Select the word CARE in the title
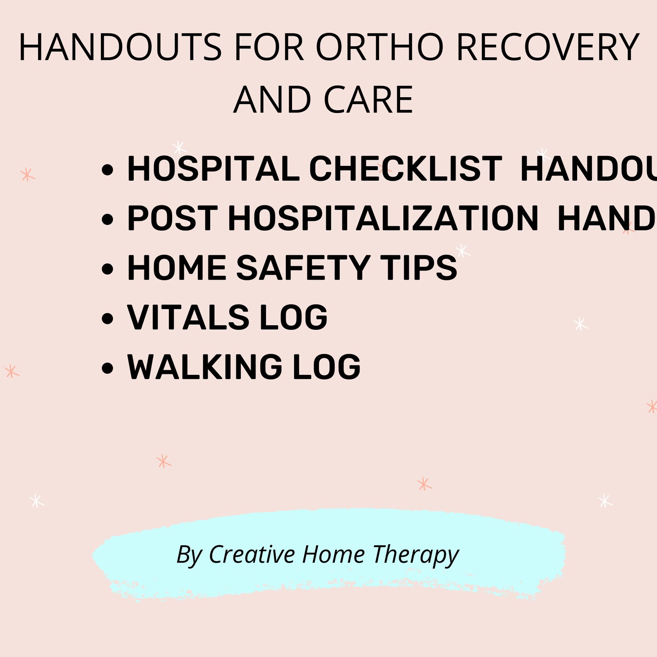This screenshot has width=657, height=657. pos(368,100)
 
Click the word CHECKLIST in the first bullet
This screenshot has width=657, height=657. pos(405,169)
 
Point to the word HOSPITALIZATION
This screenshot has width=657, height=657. pos(383,218)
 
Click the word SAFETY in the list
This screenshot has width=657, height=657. pos(303,268)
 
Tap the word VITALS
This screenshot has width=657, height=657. pos(188,317)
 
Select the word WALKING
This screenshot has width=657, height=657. pos(204,367)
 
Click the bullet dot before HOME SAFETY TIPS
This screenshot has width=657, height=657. pos(107,269)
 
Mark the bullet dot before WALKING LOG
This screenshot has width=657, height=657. pos(107,368)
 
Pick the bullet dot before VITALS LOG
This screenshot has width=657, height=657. pos(107,319)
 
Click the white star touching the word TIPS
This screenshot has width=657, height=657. pos(462,250)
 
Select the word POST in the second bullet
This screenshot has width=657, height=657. pos(172,218)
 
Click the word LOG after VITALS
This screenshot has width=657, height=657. pos(293,317)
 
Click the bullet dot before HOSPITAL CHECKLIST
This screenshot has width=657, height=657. pos(107,170)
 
